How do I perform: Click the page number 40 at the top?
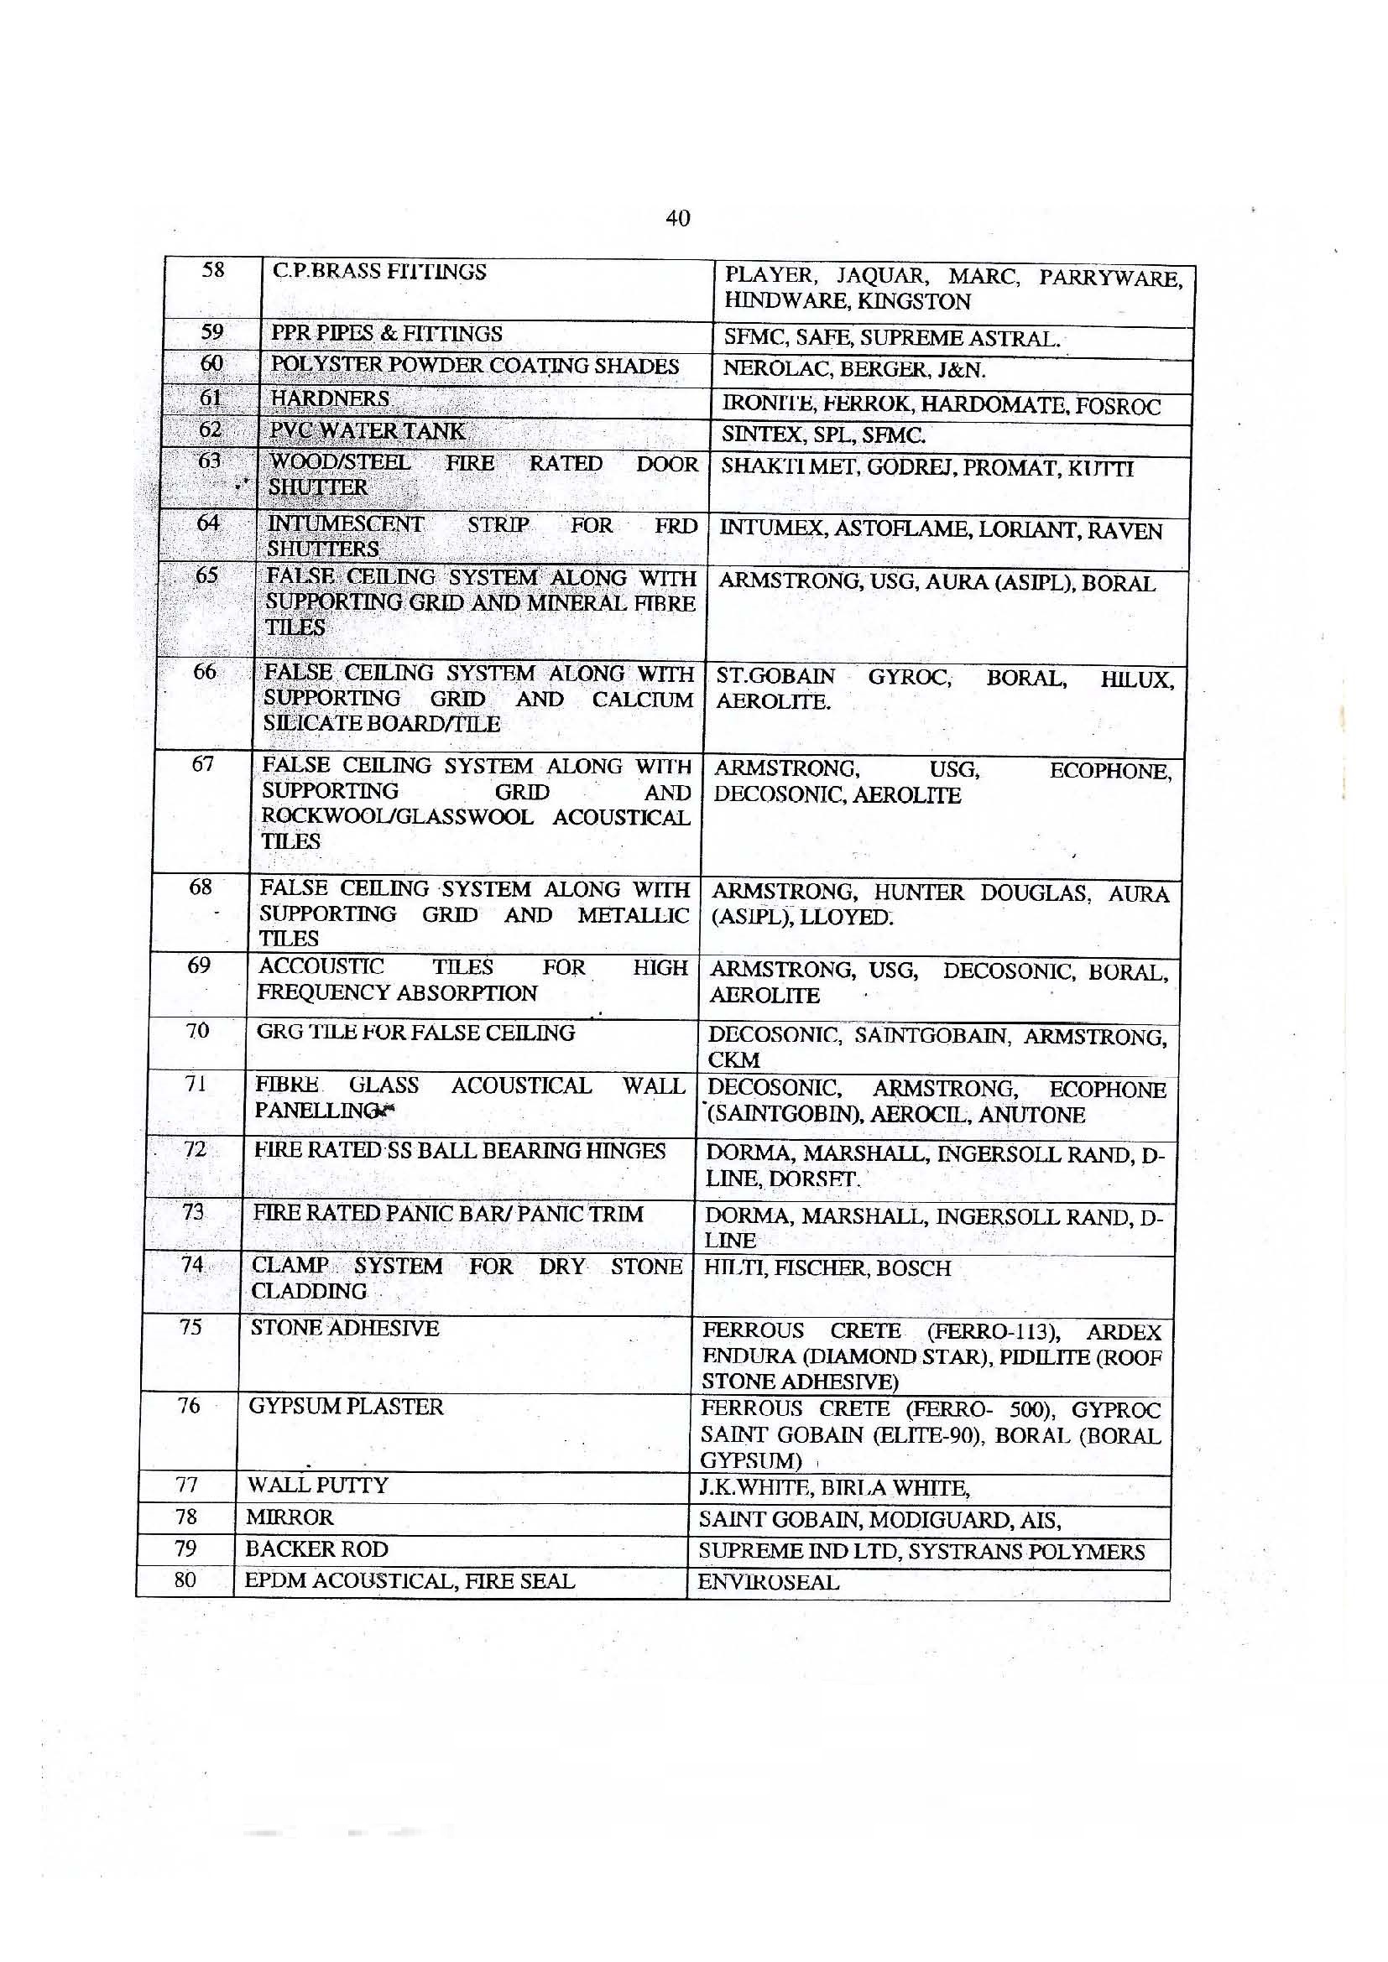pyautogui.click(x=677, y=219)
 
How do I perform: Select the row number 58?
pyautogui.click(x=213, y=271)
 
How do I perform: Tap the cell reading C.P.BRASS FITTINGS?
pyautogui.click(x=378, y=273)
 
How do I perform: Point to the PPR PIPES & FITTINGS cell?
pyautogui.click(x=386, y=334)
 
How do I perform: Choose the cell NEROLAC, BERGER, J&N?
pyautogui.click(x=853, y=369)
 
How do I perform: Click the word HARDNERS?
pyautogui.click(x=330, y=398)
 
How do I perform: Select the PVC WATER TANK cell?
pyautogui.click(x=368, y=430)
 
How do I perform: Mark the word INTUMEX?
pyautogui.click(x=772, y=529)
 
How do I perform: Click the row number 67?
pyautogui.click(x=202, y=764)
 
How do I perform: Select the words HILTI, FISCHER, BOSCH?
pyautogui.click(x=827, y=1268)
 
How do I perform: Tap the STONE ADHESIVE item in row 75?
pyautogui.click(x=344, y=1328)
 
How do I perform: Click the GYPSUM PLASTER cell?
pyautogui.click(x=346, y=1407)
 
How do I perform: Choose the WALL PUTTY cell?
pyautogui.click(x=317, y=1486)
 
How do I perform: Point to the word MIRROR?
pyautogui.click(x=289, y=1517)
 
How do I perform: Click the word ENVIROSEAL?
pyautogui.click(x=769, y=1583)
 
